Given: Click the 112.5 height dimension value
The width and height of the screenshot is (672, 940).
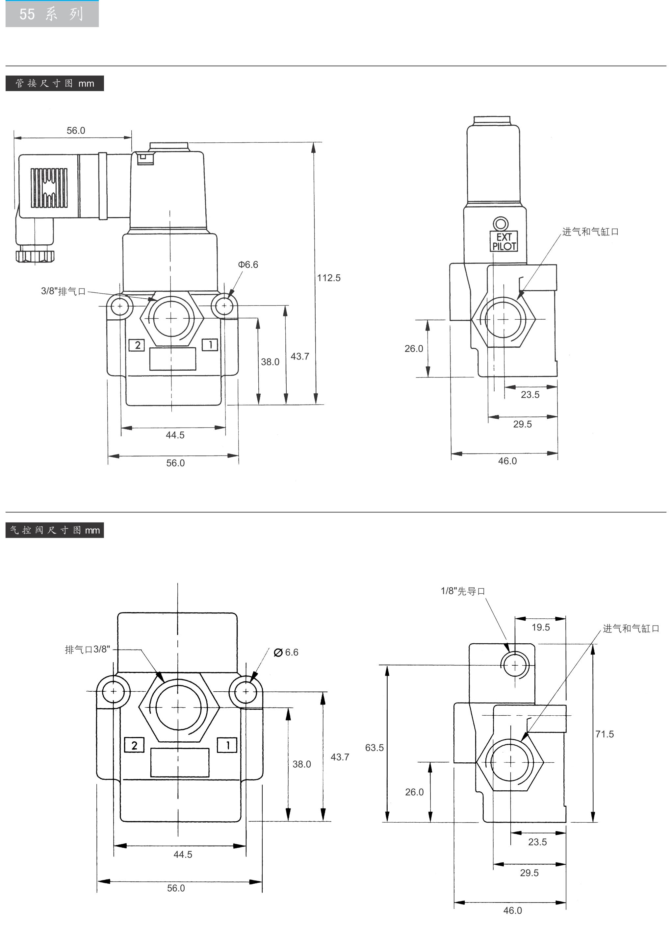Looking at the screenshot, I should click(328, 278).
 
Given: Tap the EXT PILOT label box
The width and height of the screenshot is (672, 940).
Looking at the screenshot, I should click(504, 241).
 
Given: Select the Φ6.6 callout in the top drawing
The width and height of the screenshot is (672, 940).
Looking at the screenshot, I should click(248, 265).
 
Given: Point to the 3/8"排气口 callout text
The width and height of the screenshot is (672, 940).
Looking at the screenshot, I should click(63, 291).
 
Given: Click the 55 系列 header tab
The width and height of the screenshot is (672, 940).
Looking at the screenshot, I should click(52, 14).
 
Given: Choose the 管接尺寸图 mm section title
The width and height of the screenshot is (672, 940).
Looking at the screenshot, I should click(55, 84).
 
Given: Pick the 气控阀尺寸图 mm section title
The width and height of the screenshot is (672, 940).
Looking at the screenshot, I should click(55, 530).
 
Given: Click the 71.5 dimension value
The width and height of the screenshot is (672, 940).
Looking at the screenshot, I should click(604, 734).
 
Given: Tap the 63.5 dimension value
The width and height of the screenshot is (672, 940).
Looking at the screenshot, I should click(374, 748).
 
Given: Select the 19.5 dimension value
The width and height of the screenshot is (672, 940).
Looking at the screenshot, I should click(540, 627).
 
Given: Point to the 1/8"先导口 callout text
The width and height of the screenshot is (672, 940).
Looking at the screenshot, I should click(463, 591).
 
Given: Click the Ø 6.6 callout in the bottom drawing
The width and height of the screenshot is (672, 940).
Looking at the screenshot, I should click(286, 652).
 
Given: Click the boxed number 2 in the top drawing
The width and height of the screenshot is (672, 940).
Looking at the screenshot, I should click(137, 345).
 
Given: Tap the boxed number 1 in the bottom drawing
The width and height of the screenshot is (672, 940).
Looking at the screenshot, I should click(227, 745).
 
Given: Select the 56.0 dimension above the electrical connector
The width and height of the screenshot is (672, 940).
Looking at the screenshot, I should click(76, 131).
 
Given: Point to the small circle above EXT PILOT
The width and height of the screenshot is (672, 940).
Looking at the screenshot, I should click(501, 224).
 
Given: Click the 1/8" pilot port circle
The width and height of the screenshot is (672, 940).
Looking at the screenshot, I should click(515, 665).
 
